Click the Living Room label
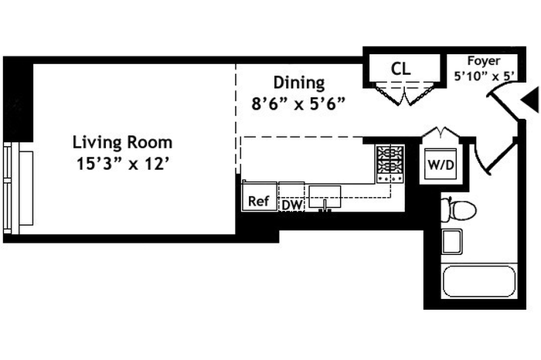pos(122,143)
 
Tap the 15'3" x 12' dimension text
pos(122,164)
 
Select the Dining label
pos(299,83)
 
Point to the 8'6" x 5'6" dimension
pos(298,103)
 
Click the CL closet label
pos(400,69)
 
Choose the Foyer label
pos(484,61)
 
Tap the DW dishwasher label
pos(291,205)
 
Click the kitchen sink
pos(325,197)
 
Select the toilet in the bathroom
pos(456,208)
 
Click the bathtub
pos(478,282)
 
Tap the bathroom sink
pos(452,241)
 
